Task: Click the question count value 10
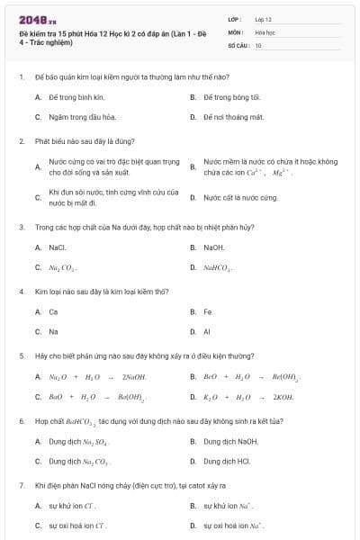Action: pyautogui.click(x=258, y=44)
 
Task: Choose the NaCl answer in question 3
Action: pyautogui.click(x=58, y=246)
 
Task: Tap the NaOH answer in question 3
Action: pyautogui.click(x=214, y=246)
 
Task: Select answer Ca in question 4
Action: pyautogui.click(x=53, y=311)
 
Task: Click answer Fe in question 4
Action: pyautogui.click(x=208, y=311)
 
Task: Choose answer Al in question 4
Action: pyautogui.click(x=207, y=332)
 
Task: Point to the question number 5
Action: pyautogui.click(x=21, y=355)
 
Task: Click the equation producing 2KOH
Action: pyautogui.click(x=236, y=397)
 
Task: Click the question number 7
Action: pyautogui.click(x=21, y=485)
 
